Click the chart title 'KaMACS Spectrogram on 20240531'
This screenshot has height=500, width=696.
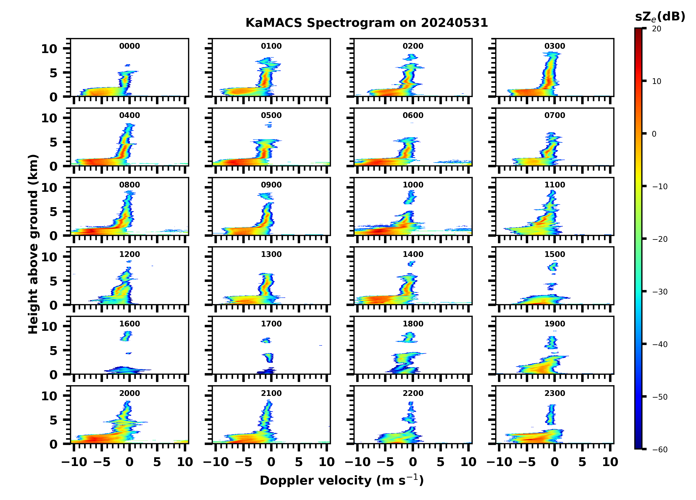click(367, 23)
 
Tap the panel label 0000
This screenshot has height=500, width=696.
click(129, 46)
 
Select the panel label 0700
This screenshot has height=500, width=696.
click(554, 116)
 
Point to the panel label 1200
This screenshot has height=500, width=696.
click(129, 254)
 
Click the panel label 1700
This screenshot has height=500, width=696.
click(271, 324)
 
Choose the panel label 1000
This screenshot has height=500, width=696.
click(413, 185)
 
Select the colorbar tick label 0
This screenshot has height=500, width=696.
click(654, 134)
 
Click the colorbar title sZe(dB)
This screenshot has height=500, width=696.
click(660, 17)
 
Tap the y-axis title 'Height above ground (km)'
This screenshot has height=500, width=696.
click(33, 244)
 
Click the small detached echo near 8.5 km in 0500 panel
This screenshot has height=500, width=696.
click(269, 124)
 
